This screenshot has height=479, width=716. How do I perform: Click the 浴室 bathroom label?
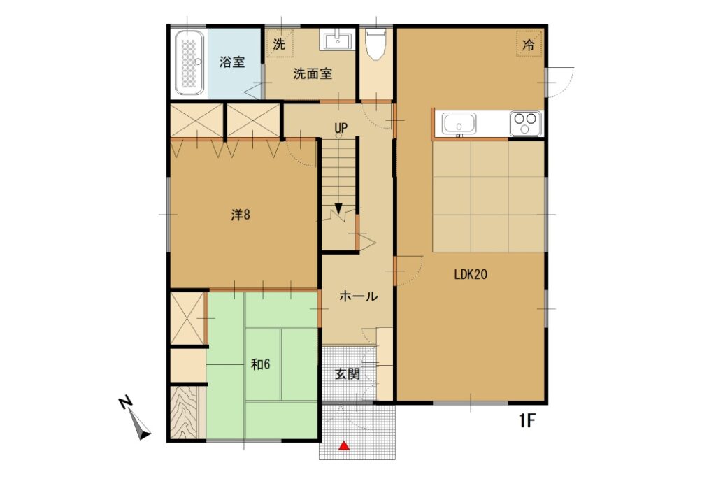(232, 62)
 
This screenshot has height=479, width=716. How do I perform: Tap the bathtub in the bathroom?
(189, 63)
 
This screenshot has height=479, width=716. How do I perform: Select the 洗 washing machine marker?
(279, 44)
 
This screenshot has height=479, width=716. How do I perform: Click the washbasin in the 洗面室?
(338, 39)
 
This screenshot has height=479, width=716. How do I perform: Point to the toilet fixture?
(376, 44)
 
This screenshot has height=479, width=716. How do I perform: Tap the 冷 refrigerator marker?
(529, 44)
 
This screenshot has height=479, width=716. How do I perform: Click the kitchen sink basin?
(459, 124)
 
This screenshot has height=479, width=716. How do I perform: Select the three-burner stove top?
(526, 123)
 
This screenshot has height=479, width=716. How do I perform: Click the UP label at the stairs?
(341, 128)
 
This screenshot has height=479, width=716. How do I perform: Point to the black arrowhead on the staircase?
(338, 208)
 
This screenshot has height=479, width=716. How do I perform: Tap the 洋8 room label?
(241, 215)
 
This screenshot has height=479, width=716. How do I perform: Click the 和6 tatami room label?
(260, 364)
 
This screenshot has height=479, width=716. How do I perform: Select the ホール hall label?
(359, 296)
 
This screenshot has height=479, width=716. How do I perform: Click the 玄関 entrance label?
(348, 374)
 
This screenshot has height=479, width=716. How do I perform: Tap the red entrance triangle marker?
(344, 445)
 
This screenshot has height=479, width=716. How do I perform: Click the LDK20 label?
(471, 274)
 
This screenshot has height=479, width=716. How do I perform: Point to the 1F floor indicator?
(526, 420)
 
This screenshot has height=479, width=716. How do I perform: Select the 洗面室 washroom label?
(313, 73)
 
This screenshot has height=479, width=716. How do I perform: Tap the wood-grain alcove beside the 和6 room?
(187, 413)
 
